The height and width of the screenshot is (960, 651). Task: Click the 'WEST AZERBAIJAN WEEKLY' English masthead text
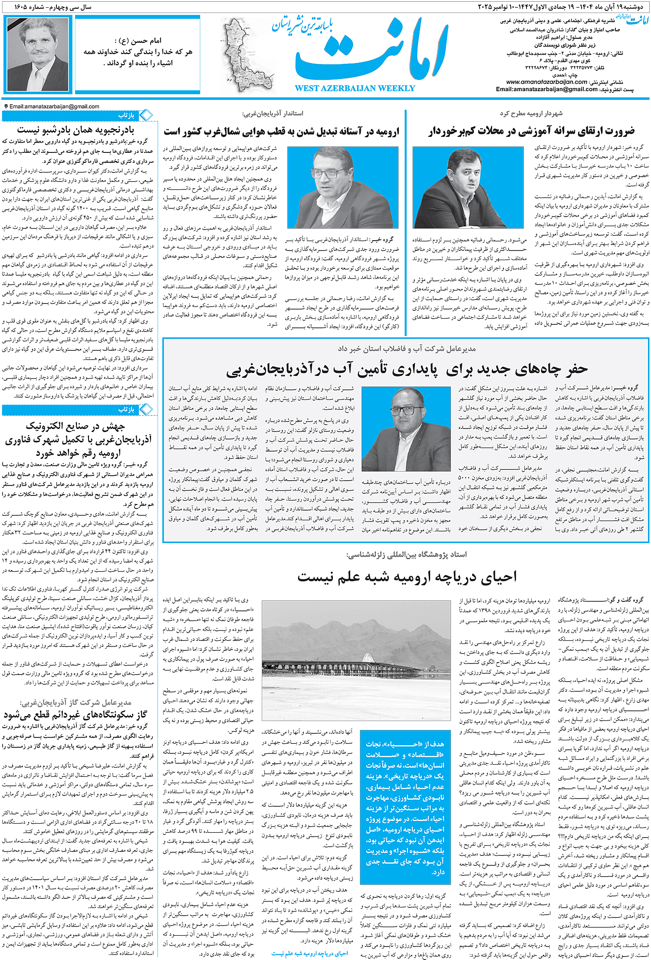point(355,89)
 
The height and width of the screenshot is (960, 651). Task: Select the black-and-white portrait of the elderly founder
point(38,54)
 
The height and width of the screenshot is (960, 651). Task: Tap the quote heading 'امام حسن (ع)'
point(138,41)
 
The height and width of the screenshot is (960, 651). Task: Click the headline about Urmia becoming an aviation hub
point(281,131)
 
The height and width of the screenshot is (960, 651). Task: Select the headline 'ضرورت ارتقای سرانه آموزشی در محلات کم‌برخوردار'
point(532,131)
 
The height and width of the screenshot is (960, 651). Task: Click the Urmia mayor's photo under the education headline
point(468,187)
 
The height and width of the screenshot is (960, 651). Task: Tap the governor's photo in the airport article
point(342,187)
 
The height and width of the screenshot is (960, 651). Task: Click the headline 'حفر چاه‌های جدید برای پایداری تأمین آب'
point(407,369)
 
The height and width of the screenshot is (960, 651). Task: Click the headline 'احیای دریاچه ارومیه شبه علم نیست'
point(407,576)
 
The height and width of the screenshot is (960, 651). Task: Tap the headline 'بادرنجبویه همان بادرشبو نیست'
point(76,129)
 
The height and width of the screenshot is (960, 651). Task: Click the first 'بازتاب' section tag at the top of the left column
point(126,115)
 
